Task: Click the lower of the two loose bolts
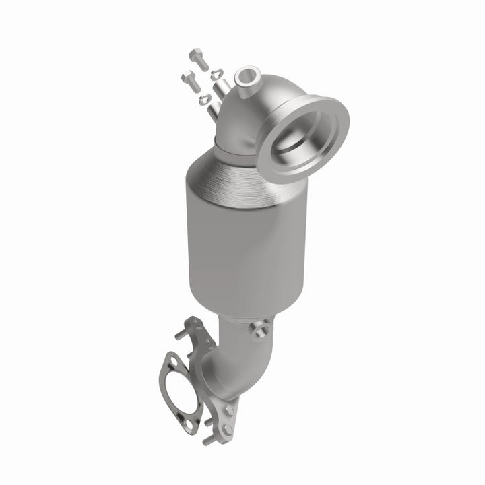pos(191,80)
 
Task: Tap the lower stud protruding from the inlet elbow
pos(212,108)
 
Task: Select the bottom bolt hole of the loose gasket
pos(191,425)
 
